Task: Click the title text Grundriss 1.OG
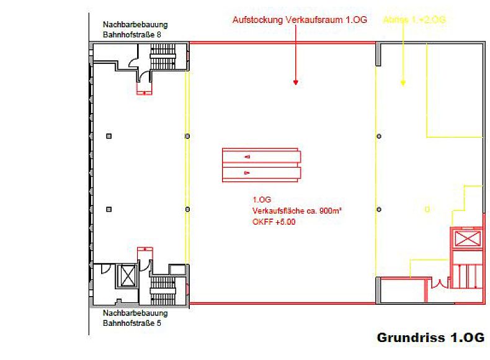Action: coord(430,338)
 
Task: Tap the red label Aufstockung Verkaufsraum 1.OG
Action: coord(300,20)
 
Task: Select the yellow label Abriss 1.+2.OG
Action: coord(414,20)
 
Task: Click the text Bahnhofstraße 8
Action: coord(132,34)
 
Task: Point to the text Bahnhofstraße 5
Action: coord(132,323)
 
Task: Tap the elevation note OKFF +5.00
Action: coord(274,222)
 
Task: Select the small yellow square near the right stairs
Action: coord(427,209)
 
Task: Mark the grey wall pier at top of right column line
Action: coord(377,54)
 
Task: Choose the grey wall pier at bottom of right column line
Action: coord(377,290)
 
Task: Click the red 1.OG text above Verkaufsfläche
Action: coord(261,200)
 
